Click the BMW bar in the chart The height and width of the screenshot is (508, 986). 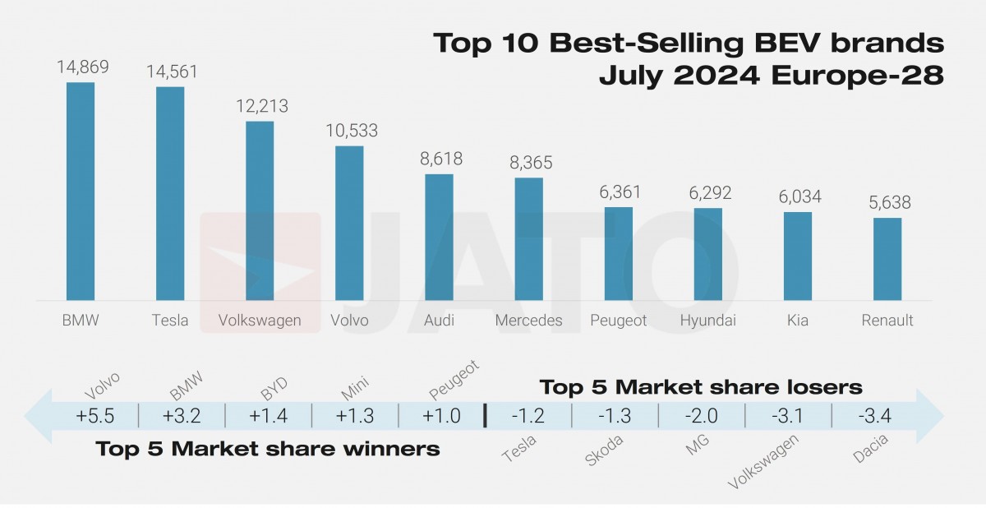click(81, 192)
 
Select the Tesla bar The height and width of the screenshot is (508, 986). click(170, 194)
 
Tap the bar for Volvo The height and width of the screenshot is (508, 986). click(350, 224)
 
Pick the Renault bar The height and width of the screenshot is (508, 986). click(887, 259)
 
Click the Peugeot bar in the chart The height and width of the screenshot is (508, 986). click(619, 254)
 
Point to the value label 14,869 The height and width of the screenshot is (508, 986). click(82, 67)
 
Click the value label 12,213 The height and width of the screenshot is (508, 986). click(260, 106)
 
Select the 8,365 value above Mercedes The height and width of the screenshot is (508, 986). click(528, 163)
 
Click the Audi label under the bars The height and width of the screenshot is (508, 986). click(439, 321)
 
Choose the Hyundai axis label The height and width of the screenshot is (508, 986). click(708, 321)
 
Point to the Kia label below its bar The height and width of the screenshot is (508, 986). click(797, 321)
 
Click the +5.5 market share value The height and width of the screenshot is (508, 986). click(94, 416)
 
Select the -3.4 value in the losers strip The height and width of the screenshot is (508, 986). click(873, 416)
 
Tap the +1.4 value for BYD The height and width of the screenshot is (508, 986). click(268, 416)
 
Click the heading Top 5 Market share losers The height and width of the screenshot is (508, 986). click(700, 386)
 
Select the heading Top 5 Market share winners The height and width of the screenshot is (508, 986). click(268, 449)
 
